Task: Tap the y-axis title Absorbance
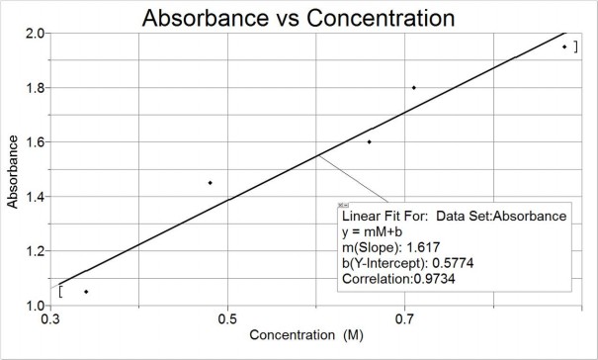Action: pyautogui.click(x=14, y=169)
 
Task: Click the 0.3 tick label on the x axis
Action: pyautogui.click(x=49, y=319)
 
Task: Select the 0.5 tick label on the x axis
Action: pyautogui.click(x=227, y=319)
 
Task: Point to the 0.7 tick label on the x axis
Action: pyautogui.click(x=405, y=319)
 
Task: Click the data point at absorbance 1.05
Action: pyautogui.click(x=86, y=292)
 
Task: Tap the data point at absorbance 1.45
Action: pyautogui.click(x=210, y=182)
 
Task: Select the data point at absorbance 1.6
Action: pyautogui.click(x=369, y=141)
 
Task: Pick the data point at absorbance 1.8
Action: pyautogui.click(x=413, y=87)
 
